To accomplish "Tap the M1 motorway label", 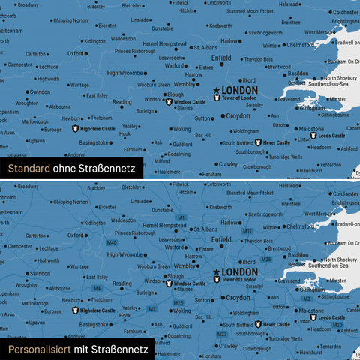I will [x=181, y=217].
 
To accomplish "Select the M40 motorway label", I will [x=112, y=243].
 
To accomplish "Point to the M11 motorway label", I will [x=247, y=232].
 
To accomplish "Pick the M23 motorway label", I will [x=222, y=333].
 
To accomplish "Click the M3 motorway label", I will [x=152, y=308].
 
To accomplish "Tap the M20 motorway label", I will [x=338, y=324].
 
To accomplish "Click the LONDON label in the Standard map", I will [x=240, y=90].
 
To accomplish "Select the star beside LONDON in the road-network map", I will [x=217, y=271].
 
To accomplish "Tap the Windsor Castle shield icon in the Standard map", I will [x=169, y=101].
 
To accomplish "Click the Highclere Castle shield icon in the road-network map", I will [x=74, y=310].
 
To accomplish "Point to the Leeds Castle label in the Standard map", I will [x=331, y=136].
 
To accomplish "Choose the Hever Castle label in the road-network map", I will [x=277, y=324].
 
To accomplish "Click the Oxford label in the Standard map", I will [x=76, y=54].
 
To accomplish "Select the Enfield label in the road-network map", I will [x=222, y=238].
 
